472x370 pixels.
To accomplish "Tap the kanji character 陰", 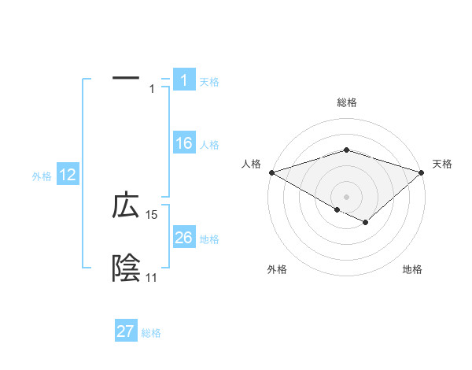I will click(x=126, y=268).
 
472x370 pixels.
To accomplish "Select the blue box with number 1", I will click(x=183, y=80).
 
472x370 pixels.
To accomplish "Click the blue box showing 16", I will click(x=183, y=144).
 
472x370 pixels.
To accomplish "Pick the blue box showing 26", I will click(x=183, y=238).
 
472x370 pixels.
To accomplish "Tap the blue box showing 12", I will click(x=68, y=176).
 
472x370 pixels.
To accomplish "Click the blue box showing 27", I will click(x=126, y=331).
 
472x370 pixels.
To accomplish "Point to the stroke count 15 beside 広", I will click(x=152, y=214).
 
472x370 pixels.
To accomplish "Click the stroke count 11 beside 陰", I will click(x=151, y=278).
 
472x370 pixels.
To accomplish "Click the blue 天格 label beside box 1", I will click(x=209, y=81).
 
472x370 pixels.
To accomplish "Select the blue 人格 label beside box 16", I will click(x=209, y=145).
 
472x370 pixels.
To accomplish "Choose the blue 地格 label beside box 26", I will click(x=209, y=239).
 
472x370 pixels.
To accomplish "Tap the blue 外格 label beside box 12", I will click(x=42, y=176).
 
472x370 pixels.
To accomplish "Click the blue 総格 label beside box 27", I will click(x=151, y=332).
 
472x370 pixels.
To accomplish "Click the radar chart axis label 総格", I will click(x=347, y=102).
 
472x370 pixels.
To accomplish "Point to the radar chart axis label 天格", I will click(x=443, y=164).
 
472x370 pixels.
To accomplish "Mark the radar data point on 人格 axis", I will click(x=271, y=172).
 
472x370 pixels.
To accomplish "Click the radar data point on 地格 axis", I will click(x=366, y=223).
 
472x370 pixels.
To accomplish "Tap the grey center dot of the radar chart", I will click(x=347, y=196).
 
